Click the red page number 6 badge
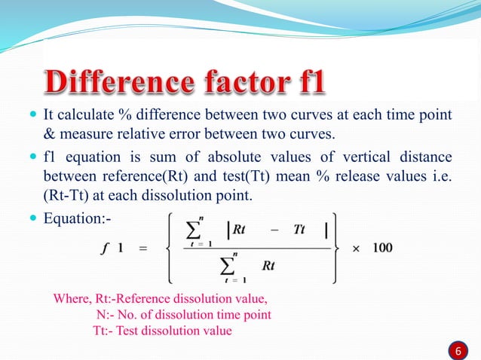[456, 350]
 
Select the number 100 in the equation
[381, 248]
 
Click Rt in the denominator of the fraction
[268, 265]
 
